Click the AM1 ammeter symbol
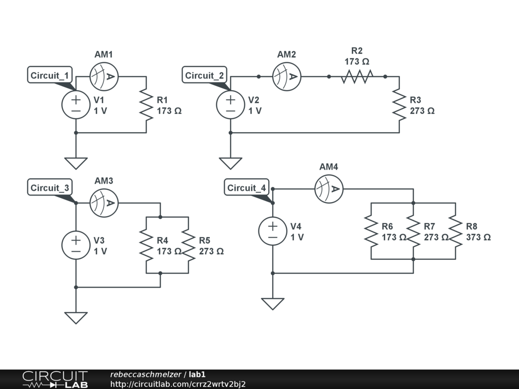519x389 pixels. pyautogui.click(x=104, y=76)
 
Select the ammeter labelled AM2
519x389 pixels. pyautogui.click(x=287, y=76)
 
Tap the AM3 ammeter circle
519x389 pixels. pyautogui.click(x=104, y=203)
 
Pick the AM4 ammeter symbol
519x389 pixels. pyautogui.click(x=328, y=189)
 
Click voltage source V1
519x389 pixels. pyautogui.click(x=76, y=104)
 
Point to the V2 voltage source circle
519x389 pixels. pyautogui.click(x=231, y=104)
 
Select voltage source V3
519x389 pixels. pyautogui.click(x=76, y=245)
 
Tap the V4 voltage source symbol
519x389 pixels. pyautogui.click(x=273, y=231)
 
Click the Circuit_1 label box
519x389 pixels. pyautogui.click(x=50, y=75)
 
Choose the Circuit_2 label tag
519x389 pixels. pyautogui.click(x=204, y=75)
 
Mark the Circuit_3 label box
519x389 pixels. pyautogui.click(x=50, y=187)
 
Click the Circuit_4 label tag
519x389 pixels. pyautogui.click(x=247, y=187)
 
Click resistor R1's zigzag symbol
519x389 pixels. pyautogui.click(x=146, y=104)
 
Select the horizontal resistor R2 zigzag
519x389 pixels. pyautogui.click(x=357, y=76)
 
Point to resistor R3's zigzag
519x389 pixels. pyautogui.click(x=399, y=104)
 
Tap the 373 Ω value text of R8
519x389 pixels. pyautogui.click(x=478, y=237)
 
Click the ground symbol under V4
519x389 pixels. pyautogui.click(x=273, y=304)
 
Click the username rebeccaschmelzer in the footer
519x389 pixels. pyautogui.click(x=145, y=374)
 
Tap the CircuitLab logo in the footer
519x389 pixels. pyautogui.click(x=55, y=379)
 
